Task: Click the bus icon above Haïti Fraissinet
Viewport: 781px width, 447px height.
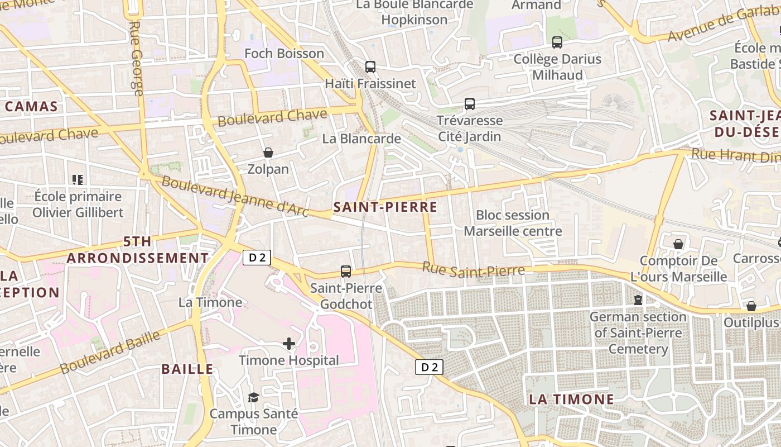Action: click(370, 67)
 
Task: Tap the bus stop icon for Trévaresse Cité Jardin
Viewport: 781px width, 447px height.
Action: click(470, 103)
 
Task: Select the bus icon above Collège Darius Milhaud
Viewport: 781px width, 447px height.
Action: click(557, 42)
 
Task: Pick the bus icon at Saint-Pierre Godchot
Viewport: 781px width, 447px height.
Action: click(346, 272)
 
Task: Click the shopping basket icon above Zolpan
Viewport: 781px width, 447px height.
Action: click(268, 152)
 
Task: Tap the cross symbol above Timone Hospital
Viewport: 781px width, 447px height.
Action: click(288, 343)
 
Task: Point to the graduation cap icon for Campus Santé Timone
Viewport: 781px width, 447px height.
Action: click(254, 397)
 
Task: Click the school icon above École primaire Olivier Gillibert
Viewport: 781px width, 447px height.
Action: click(78, 180)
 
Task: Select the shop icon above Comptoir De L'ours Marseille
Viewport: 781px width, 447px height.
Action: click(678, 244)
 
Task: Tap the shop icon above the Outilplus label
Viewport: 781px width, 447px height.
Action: click(751, 306)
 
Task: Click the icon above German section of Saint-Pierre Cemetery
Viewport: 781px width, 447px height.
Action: click(638, 300)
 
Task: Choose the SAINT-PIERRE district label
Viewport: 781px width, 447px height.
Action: click(385, 207)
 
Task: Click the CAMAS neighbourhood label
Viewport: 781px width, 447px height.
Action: click(31, 106)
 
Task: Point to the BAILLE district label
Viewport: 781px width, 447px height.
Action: click(187, 369)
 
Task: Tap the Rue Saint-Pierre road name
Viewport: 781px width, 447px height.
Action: click(473, 269)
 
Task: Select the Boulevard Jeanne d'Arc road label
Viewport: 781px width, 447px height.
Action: click(234, 196)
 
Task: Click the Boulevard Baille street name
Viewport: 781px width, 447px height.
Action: click(110, 352)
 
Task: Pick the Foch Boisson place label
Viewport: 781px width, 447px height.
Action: click(284, 54)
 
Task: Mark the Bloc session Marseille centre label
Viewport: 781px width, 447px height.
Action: click(513, 223)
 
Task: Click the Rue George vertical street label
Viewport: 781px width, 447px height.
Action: click(136, 59)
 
